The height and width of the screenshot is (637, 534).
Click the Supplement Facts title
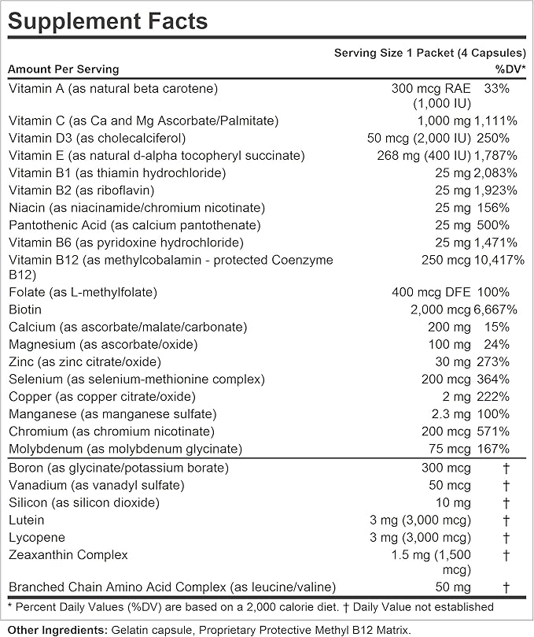tap(109, 20)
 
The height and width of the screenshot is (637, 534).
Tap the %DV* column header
tap(510, 69)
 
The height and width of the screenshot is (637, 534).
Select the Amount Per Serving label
tap(64, 69)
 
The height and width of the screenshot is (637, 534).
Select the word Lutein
tap(27, 520)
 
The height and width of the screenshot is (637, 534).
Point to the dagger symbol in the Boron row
tap(506, 468)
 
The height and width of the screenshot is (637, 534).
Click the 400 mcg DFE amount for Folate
tap(431, 292)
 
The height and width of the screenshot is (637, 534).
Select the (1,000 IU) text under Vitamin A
tap(441, 103)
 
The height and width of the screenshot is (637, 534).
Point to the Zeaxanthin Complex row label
tap(68, 554)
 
